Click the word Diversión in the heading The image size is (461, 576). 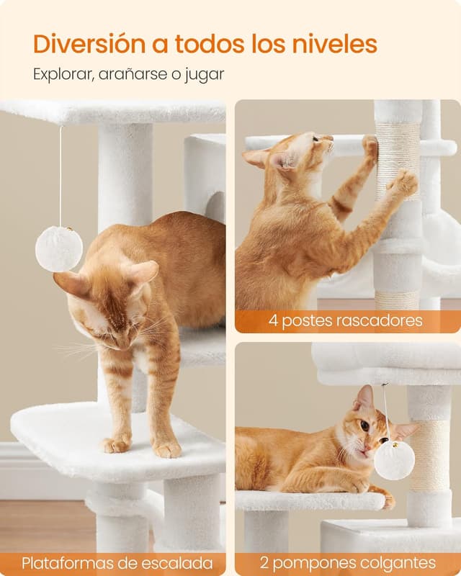pyautogui.click(x=89, y=44)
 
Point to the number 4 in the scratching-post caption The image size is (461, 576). pyautogui.click(x=273, y=320)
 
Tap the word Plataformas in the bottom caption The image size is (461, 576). pyautogui.click(x=68, y=563)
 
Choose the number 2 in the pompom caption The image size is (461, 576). pyautogui.click(x=264, y=563)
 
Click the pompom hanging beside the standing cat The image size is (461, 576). pyautogui.click(x=59, y=249)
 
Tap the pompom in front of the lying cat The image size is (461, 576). pyautogui.click(x=394, y=461)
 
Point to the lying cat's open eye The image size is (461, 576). pyautogui.click(x=364, y=426)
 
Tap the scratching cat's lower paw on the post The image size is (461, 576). pyautogui.click(x=404, y=184)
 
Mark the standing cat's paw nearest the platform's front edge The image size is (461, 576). pyautogui.click(x=167, y=449)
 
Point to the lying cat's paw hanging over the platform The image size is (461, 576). pyautogui.click(x=386, y=499)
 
